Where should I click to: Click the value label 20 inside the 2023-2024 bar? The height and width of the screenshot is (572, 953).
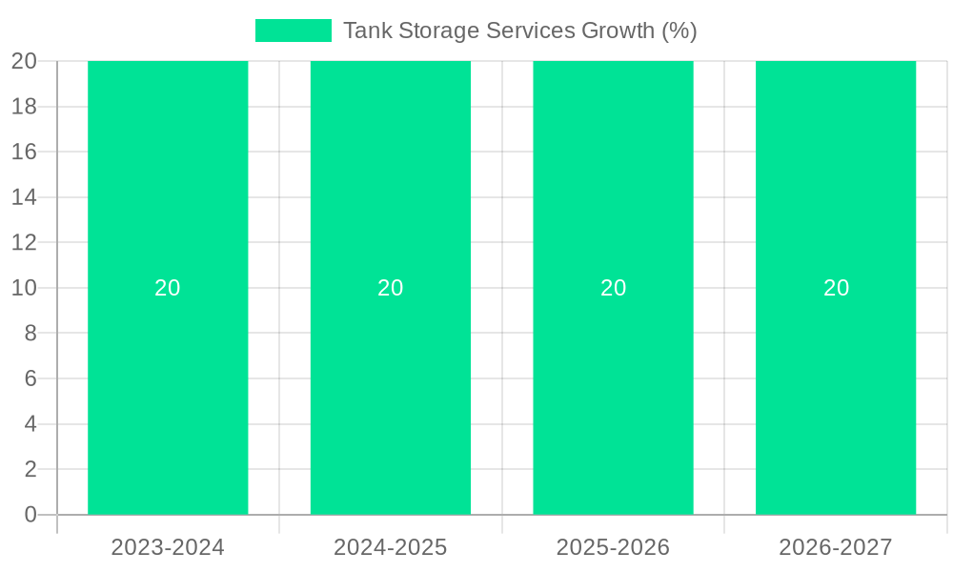point(168,288)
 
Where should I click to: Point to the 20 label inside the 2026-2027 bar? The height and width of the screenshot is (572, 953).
point(836,288)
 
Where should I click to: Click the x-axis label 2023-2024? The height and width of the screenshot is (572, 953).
point(168,547)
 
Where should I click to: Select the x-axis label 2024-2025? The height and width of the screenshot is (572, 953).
point(391,547)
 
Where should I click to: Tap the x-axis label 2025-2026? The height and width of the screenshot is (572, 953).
point(613,547)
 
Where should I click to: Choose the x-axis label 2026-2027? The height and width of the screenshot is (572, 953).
point(836,547)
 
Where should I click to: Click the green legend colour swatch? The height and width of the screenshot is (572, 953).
point(293,31)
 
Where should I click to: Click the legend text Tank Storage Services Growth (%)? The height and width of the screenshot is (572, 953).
point(519,31)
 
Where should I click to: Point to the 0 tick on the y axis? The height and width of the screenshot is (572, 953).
point(30,515)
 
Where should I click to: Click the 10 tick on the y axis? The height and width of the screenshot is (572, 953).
point(24,288)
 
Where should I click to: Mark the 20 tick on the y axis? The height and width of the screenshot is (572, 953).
point(24,61)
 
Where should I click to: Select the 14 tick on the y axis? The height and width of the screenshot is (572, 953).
point(24,197)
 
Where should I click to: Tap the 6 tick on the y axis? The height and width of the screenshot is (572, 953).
point(30,378)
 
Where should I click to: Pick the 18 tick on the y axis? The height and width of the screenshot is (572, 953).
point(24,107)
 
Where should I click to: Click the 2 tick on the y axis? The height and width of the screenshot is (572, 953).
point(30,469)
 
